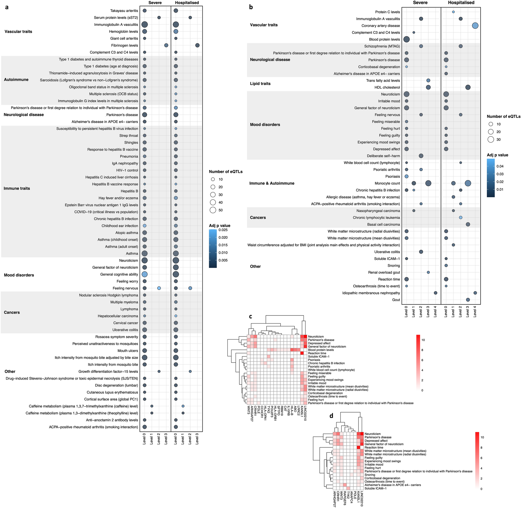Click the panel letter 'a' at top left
pyautogui.click(x=7, y=7)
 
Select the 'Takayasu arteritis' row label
pyautogui.click(x=124, y=11)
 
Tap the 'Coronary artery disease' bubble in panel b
pyautogui.click(x=475, y=26)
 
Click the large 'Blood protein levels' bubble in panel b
pyautogui.click(x=406, y=39)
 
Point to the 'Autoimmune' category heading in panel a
pyautogui.click(x=16, y=80)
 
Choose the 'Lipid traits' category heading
pyautogui.click(x=260, y=83)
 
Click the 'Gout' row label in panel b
pyautogui.click(x=396, y=300)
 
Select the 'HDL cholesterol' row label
pyautogui.click(x=387, y=87)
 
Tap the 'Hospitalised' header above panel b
pyautogui.click(x=461, y=3)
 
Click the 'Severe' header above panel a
pyautogui.click(x=155, y=3)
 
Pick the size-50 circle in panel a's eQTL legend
pyautogui.click(x=213, y=210)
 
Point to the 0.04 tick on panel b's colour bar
pyautogui.click(x=500, y=166)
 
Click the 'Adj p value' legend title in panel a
pyautogui.click(x=220, y=226)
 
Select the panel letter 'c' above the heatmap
pyautogui.click(x=251, y=317)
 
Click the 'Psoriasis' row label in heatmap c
pyautogui.click(x=314, y=360)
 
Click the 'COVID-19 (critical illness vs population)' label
pyautogui.click(x=106, y=212)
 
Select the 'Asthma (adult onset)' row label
pyautogui.click(x=121, y=247)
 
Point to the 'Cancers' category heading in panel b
pyautogui.click(x=258, y=218)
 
